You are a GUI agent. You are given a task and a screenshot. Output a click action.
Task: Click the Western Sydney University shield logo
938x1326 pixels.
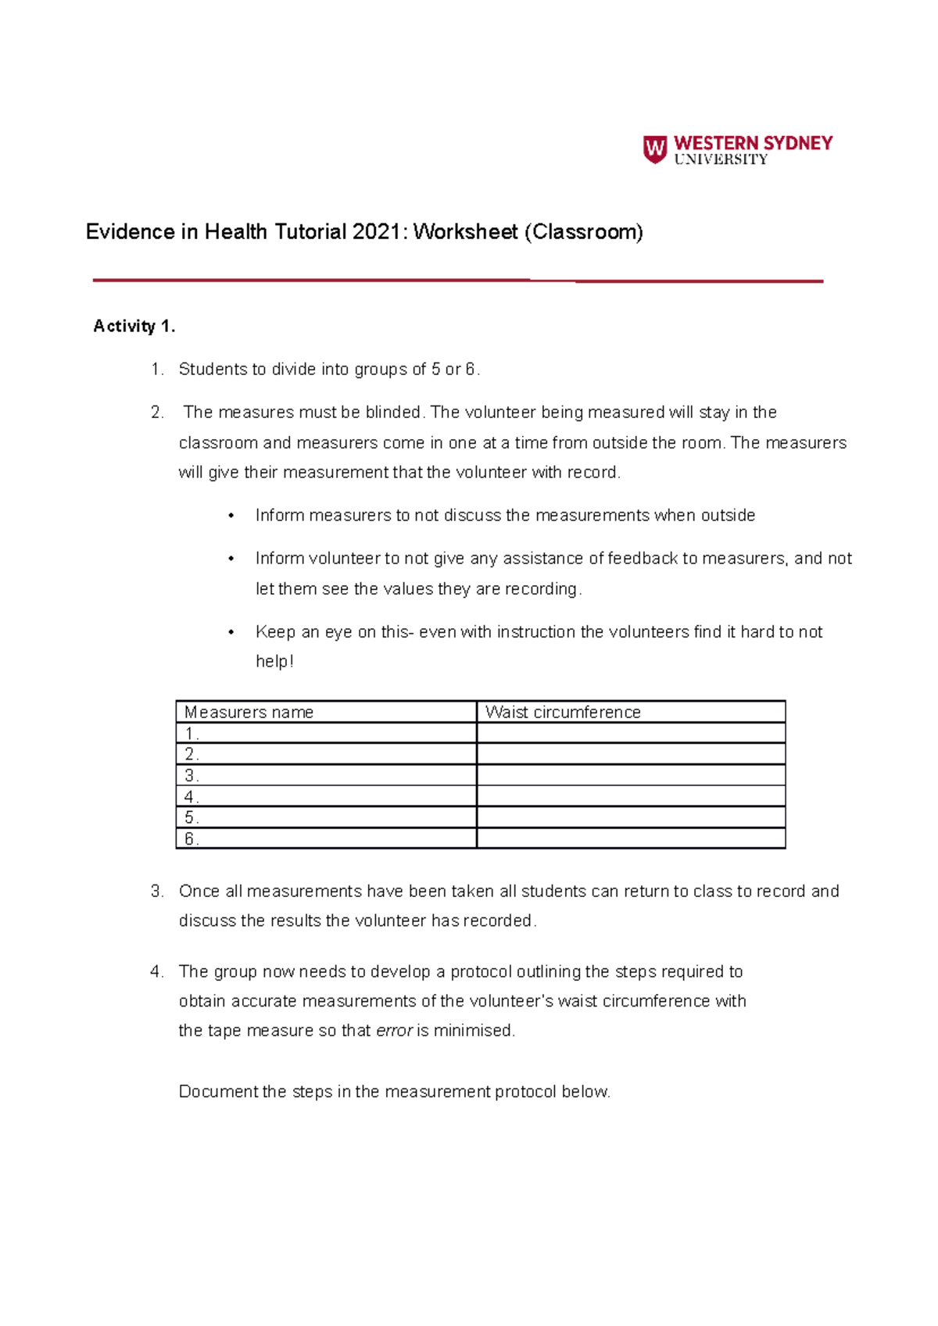click(x=654, y=148)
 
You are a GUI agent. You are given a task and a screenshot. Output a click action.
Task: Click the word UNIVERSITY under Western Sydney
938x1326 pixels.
click(x=721, y=160)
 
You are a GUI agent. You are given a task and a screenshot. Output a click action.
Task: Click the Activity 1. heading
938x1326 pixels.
click(x=134, y=327)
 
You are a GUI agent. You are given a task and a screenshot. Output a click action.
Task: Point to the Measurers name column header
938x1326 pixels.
click(x=249, y=713)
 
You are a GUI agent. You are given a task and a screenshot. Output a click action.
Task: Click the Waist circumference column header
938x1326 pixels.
click(x=563, y=713)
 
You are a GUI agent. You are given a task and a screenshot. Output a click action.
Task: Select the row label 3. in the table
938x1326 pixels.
click(x=192, y=776)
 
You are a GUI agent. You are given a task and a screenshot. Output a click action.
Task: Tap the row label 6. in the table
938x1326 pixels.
click(x=192, y=839)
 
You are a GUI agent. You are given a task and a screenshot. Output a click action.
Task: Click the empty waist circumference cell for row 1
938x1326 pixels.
click(x=630, y=734)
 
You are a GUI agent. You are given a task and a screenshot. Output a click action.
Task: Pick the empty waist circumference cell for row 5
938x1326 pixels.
click(x=630, y=818)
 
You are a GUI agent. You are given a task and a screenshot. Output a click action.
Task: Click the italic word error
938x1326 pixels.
click(x=394, y=1031)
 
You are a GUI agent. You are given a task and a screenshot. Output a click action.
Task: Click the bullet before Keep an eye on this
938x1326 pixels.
click(x=231, y=632)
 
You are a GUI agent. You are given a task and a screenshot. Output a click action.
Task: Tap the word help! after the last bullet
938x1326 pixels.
click(x=274, y=662)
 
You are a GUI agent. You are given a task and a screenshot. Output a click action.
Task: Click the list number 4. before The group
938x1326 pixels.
click(x=157, y=972)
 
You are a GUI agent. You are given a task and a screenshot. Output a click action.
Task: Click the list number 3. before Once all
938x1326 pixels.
click(x=157, y=892)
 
